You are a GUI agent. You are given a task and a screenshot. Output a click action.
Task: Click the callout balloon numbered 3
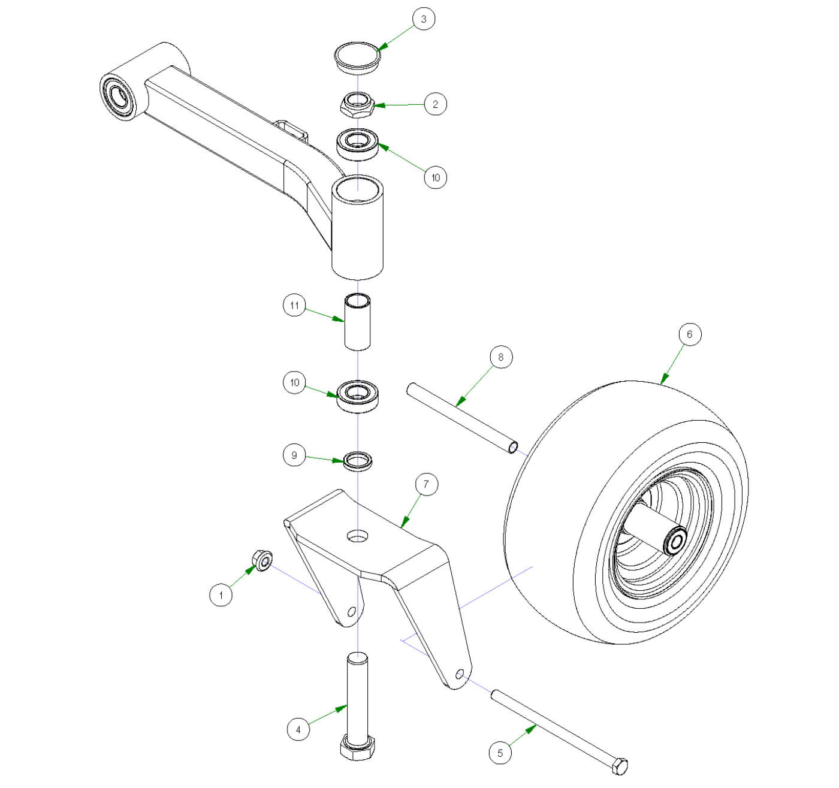pyautogui.click(x=424, y=19)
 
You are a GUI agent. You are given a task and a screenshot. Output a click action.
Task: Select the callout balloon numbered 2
pyautogui.click(x=435, y=104)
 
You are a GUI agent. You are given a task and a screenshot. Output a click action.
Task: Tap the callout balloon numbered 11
pyautogui.click(x=294, y=306)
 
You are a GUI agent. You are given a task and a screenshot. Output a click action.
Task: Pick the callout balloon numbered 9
pyautogui.click(x=294, y=455)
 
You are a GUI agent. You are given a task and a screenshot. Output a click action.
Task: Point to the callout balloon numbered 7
pyautogui.click(x=426, y=484)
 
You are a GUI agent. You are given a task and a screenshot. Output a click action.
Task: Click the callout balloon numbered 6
pyautogui.click(x=689, y=334)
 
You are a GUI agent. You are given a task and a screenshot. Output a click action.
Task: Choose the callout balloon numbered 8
pyautogui.click(x=501, y=358)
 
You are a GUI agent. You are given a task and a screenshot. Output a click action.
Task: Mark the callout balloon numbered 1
pyautogui.click(x=221, y=595)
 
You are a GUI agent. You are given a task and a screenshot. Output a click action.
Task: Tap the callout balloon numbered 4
pyautogui.click(x=298, y=729)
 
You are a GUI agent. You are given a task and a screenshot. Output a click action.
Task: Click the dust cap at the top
pyautogui.click(x=357, y=58)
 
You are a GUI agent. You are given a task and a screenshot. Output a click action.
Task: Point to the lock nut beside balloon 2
pyautogui.click(x=357, y=104)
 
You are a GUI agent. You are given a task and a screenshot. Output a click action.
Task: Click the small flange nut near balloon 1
pyautogui.click(x=262, y=560)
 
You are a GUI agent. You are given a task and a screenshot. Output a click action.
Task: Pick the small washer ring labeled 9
pyautogui.click(x=358, y=461)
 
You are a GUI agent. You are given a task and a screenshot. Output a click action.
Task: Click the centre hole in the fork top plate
pyautogui.click(x=358, y=535)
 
